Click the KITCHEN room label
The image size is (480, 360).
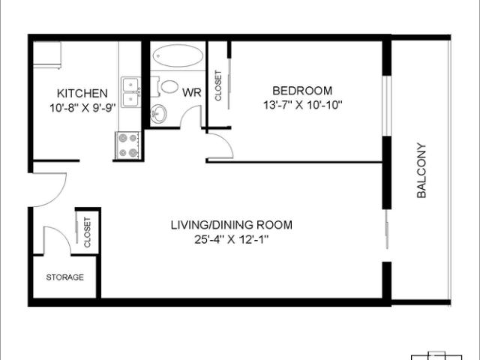pos(82,94)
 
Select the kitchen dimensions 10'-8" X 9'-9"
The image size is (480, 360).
pos(82,106)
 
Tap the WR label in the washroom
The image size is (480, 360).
pos(190,94)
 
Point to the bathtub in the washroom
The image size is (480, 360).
pos(177,57)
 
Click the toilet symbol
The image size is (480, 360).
pos(168,87)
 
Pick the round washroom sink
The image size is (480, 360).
pos(159,114)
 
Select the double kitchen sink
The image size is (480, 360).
pos(131,91)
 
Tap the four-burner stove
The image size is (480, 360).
pos(128,145)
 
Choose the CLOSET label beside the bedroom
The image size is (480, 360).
pos(218,85)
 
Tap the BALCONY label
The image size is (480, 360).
pos(421,170)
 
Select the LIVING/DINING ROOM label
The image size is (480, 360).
pos(231,224)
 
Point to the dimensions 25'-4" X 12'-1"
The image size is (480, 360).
pos(231,239)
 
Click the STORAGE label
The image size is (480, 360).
pos(65,277)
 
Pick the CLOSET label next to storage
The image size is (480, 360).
pos(87,232)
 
